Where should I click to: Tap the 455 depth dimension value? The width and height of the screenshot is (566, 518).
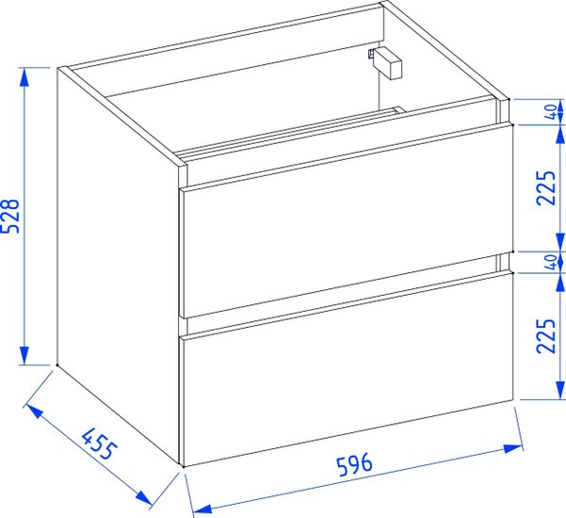tap(99, 444)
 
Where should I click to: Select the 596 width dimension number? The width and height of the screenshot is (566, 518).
tap(354, 464)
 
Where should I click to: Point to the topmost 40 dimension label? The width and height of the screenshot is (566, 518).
tap(551, 111)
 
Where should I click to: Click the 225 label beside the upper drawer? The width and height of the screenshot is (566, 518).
tap(546, 187)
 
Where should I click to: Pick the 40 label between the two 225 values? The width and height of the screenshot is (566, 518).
tap(551, 262)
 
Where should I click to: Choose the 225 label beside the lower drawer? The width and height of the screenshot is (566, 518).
tap(546, 335)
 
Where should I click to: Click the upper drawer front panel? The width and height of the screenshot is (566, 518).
tap(347, 221)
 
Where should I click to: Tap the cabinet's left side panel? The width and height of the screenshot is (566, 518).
tap(119, 266)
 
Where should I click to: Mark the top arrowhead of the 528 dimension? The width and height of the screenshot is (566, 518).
tap(24, 77)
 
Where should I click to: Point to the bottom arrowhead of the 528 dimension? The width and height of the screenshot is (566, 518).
tap(24, 355)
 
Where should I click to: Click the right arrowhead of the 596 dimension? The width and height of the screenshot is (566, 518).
tap(513, 448)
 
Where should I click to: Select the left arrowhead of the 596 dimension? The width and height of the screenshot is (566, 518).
tap(202, 509)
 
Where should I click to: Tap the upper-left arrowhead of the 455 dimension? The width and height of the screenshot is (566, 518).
tap(35, 412)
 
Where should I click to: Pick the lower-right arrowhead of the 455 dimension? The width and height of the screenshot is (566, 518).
tap(144, 497)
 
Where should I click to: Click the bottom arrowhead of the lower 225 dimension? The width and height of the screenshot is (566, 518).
tap(559, 390)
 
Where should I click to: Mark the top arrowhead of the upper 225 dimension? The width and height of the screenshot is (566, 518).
tap(559, 135)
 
